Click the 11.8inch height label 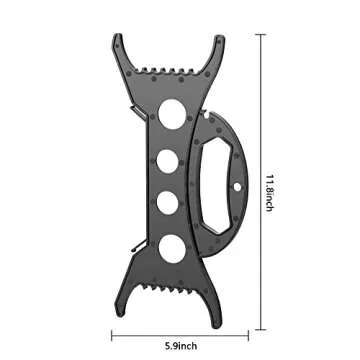(x=270, y=193)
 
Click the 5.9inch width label (x=181, y=346)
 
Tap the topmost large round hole (x=172, y=114)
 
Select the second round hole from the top (x=168, y=161)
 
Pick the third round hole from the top (x=168, y=203)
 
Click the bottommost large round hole (x=172, y=249)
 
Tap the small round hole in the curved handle (x=237, y=187)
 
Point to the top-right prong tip (x=220, y=36)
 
